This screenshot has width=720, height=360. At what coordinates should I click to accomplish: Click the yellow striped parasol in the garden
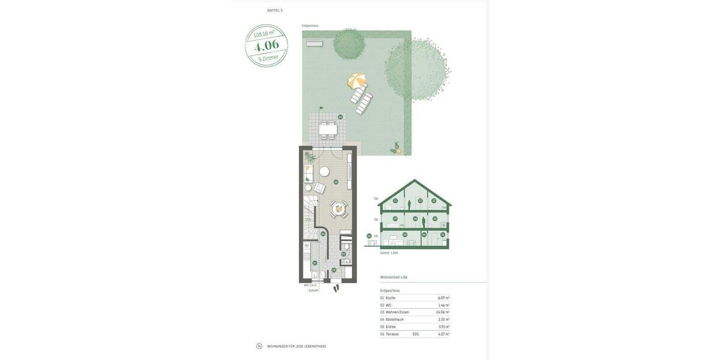(x=356, y=80)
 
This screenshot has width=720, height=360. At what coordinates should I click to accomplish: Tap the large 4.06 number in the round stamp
(x=266, y=46)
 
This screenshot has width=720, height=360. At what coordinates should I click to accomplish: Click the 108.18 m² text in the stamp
(x=263, y=34)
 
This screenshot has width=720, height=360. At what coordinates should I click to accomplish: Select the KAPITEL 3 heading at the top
(x=275, y=10)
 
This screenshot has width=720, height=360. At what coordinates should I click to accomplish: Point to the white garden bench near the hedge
(x=314, y=43)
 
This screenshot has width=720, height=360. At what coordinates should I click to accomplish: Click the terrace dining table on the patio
(x=328, y=128)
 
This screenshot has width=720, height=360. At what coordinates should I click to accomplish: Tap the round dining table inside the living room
(x=339, y=209)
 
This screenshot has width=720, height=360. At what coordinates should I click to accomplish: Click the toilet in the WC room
(x=346, y=246)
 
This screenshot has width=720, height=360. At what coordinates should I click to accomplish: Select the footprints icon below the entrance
(x=336, y=288)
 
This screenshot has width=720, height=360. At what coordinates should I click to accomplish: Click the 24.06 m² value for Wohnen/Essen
(x=442, y=312)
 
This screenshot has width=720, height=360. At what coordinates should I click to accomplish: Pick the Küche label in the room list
(x=391, y=298)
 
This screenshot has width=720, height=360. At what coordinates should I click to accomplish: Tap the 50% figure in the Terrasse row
(x=415, y=334)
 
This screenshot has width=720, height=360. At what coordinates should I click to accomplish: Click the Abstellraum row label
(x=394, y=320)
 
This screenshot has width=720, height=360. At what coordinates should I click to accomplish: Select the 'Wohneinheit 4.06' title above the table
(x=394, y=277)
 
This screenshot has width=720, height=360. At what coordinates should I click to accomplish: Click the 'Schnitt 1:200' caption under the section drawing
(x=389, y=253)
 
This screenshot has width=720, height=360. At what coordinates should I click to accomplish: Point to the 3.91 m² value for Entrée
(x=443, y=327)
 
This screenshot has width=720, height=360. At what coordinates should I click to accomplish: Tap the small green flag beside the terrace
(x=321, y=108)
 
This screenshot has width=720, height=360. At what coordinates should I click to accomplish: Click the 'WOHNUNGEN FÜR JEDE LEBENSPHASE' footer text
(x=296, y=346)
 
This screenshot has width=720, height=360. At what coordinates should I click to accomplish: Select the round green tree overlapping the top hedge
(x=349, y=44)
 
